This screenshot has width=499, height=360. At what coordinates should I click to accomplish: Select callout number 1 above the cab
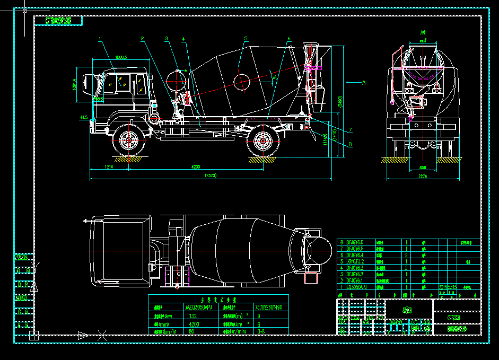coord(99,38)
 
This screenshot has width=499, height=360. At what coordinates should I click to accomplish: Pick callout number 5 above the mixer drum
coord(246,38)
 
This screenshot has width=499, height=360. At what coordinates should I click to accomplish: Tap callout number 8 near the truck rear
coord(351,144)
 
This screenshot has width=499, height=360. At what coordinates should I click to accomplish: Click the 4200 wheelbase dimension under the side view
coord(196,167)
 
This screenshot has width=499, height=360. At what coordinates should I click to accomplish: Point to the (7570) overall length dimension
coord(211,176)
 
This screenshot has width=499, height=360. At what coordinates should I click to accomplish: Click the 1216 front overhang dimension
coord(109,167)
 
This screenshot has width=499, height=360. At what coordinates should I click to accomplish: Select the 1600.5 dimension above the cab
coord(121,57)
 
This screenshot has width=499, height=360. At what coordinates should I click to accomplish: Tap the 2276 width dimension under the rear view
coord(423,176)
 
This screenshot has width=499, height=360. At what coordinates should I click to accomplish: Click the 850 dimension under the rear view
coord(423,168)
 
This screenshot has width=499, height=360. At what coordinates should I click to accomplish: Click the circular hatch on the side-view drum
coord(241,81)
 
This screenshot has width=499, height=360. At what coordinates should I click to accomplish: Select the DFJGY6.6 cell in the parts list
coord(355,242)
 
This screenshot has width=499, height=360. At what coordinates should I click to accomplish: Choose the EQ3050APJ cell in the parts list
coord(356,287)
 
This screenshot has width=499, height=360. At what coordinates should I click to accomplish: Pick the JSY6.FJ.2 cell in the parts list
coord(355,261)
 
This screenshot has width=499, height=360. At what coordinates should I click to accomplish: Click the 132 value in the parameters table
coord(194,315)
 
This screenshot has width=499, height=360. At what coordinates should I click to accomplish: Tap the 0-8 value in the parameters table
coord(261,331)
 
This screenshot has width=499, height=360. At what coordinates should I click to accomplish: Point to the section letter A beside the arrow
coord(364,82)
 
